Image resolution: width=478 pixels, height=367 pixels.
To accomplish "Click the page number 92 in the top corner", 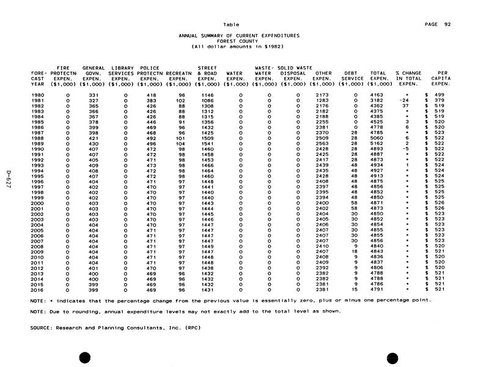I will tap(448, 24).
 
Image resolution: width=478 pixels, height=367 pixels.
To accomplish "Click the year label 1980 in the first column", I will tap(37, 95).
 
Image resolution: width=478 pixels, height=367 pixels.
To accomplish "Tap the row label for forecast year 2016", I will tap(37, 289).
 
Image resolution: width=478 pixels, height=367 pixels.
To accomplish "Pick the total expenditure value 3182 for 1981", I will tap(377, 100).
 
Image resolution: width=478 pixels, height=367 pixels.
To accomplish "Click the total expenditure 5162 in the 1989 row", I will tap(377, 143).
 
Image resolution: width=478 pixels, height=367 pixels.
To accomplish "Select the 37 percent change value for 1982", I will tap(405, 106).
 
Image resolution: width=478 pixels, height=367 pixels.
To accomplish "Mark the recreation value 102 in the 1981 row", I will tap(180, 100).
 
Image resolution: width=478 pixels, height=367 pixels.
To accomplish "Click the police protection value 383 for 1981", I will tap(150, 100).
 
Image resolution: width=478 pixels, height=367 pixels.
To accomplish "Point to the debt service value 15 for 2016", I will tap(355, 289).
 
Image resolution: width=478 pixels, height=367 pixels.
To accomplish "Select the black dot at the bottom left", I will tap(85, 357).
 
